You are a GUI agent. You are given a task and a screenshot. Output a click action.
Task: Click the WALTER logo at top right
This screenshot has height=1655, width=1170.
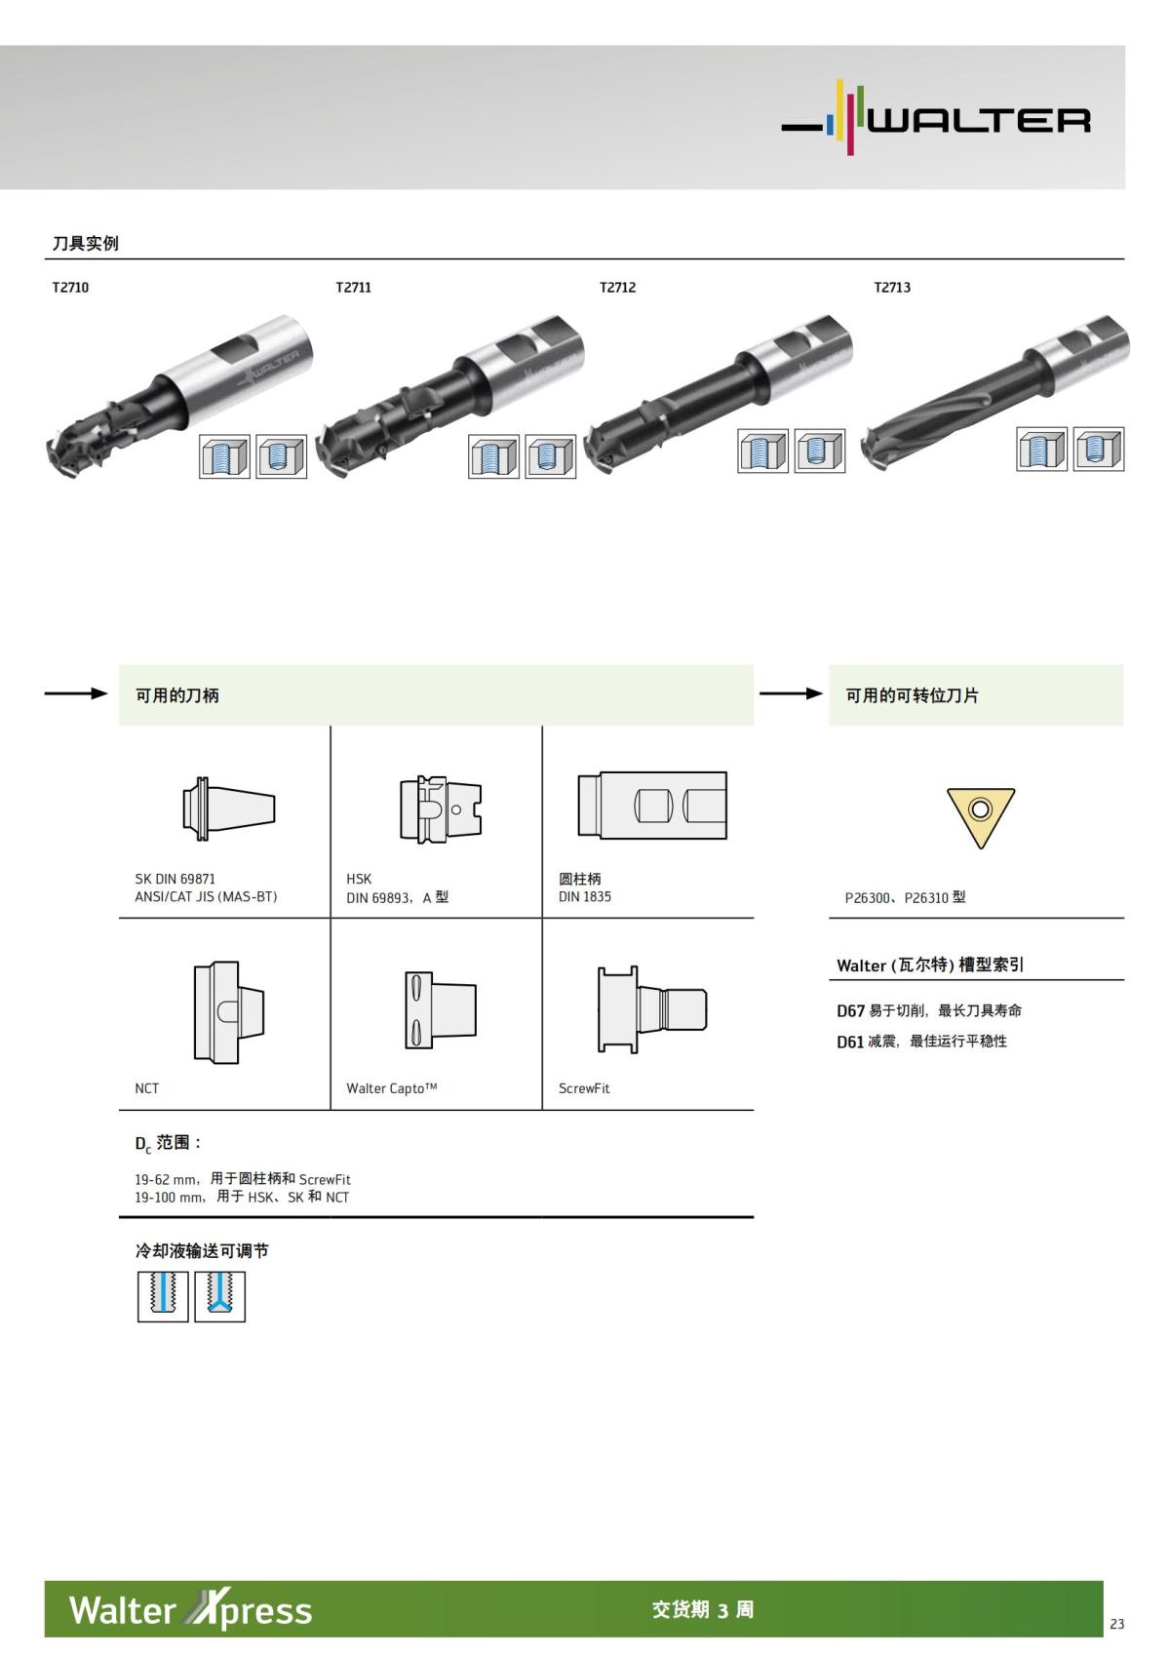point(936,119)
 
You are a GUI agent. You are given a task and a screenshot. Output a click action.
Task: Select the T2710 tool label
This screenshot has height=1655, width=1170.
point(70,288)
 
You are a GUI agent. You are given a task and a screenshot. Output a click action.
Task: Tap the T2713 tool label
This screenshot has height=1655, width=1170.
point(892,288)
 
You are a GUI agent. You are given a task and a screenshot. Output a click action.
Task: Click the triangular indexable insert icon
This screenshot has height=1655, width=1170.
point(980,813)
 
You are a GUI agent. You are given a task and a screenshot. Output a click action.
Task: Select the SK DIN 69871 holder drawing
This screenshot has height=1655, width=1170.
point(229,808)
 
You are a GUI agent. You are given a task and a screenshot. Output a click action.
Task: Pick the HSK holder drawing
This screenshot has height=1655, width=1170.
point(441,808)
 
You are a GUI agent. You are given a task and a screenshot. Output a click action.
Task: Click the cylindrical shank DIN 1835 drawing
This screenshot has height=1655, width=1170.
point(652,806)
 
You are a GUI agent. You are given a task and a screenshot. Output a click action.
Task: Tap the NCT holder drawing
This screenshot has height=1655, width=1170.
point(229,1011)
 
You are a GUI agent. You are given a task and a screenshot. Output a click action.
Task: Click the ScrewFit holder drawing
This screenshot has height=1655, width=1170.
point(651,1008)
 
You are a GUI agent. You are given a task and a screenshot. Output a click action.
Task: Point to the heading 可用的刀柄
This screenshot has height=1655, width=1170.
point(177,695)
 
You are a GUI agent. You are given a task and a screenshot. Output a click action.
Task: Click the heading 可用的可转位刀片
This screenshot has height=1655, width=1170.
point(912,695)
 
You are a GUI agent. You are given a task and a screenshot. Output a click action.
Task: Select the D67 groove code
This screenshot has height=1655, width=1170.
point(850,1011)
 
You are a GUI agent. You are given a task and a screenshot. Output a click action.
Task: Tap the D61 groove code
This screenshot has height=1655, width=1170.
point(850,1043)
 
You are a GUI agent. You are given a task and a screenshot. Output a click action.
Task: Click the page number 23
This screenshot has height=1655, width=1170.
point(1116,1624)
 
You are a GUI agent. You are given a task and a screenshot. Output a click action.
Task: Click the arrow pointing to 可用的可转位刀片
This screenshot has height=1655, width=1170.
point(790,694)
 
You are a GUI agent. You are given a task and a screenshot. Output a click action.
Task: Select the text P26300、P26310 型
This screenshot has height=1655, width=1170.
point(905,897)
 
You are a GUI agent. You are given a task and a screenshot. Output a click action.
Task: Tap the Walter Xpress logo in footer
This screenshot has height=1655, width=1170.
point(190,1610)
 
